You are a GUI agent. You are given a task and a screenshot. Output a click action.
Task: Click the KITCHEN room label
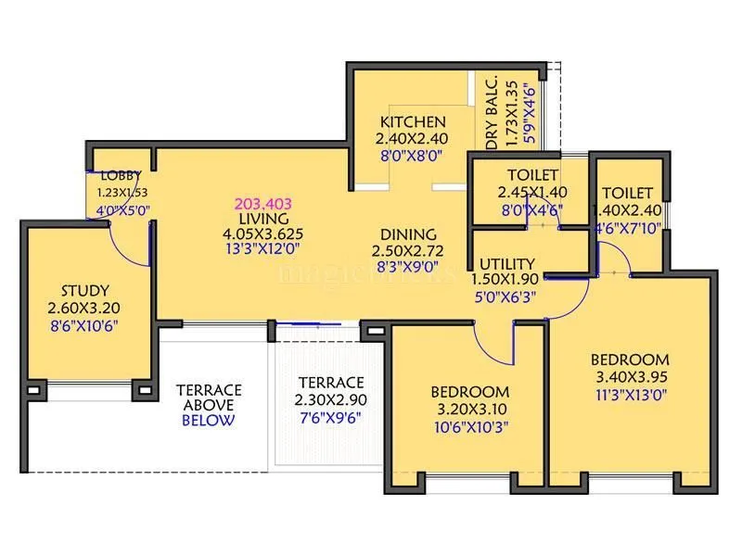coord(413,121)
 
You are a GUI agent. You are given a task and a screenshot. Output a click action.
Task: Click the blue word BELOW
coord(208,420)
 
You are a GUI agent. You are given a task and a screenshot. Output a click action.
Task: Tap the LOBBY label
coord(121,175)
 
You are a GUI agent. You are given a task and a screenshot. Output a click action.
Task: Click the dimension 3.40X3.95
coord(630,376)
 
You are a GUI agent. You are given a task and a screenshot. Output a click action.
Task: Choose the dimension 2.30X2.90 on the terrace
coord(330,399)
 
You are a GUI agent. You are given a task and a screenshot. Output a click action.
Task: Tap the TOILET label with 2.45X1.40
coord(532,175)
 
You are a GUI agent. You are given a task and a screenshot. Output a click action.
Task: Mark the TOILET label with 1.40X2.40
coord(627,193)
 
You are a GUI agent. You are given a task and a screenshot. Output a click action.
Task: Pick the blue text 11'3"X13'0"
coord(630,394)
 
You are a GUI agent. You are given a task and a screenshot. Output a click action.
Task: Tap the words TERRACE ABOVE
coord(209,397)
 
